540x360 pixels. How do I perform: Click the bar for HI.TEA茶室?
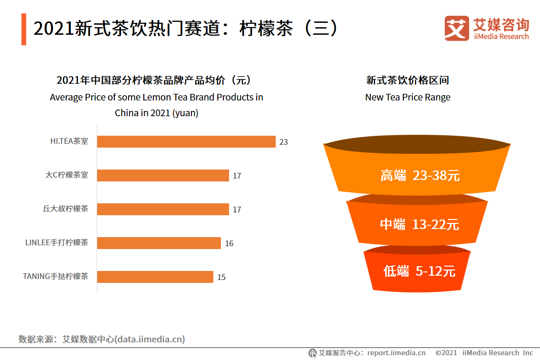(186, 142)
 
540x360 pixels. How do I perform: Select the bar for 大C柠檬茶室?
(163, 176)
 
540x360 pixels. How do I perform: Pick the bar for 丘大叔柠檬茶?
(163, 210)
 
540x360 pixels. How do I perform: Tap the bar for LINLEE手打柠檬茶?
(159, 243)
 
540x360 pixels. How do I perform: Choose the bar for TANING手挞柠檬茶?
(155, 277)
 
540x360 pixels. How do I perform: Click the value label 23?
(284, 142)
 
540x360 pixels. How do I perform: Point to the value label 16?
(229, 243)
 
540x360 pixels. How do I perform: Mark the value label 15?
(221, 277)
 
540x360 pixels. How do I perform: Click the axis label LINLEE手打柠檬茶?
(57, 242)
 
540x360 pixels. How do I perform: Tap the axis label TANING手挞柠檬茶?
(56, 276)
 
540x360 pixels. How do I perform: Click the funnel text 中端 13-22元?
(420, 224)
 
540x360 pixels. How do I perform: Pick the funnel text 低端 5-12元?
(419, 271)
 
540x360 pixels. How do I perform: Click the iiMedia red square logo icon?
(457, 29)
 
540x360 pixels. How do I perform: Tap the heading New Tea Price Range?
(408, 97)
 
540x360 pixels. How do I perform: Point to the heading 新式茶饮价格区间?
(408, 80)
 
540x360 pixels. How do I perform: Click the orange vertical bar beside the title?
(24, 30)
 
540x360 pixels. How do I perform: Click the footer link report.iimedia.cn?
(396, 353)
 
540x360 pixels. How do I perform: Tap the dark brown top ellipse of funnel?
(417, 144)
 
